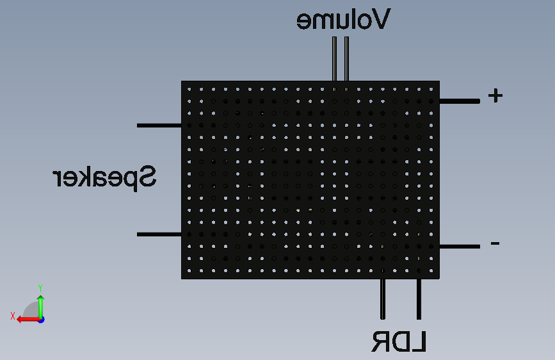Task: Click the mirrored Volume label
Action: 343,19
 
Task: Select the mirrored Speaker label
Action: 104,178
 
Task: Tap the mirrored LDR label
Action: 399,341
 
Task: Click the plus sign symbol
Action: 495,95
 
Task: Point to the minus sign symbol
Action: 495,243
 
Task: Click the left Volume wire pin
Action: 335,59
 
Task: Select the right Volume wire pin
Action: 346,59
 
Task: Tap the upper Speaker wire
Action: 159,126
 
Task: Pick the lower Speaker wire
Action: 159,234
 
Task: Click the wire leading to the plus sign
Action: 460,101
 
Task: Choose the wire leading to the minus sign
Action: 460,246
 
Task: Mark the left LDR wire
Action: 383,299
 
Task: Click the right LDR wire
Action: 419,299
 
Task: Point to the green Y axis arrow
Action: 41,307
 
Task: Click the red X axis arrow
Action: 28,320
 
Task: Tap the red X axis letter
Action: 13,316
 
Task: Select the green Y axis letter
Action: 40,288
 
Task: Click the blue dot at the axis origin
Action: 42,320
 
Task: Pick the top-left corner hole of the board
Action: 189,89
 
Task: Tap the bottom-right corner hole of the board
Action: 431,271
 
